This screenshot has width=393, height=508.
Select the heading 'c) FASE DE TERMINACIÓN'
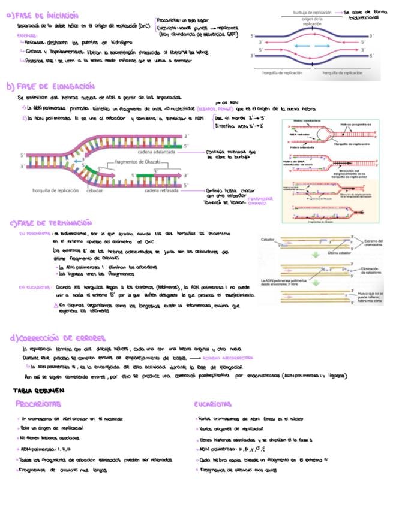(x=51, y=223)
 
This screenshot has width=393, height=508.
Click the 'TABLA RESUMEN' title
(x=34, y=389)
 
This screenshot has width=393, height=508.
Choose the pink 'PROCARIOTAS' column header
(x=38, y=404)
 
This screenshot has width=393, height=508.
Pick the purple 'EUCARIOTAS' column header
(x=213, y=404)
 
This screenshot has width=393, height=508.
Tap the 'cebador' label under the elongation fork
(x=94, y=190)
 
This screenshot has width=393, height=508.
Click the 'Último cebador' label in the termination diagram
(x=323, y=253)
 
